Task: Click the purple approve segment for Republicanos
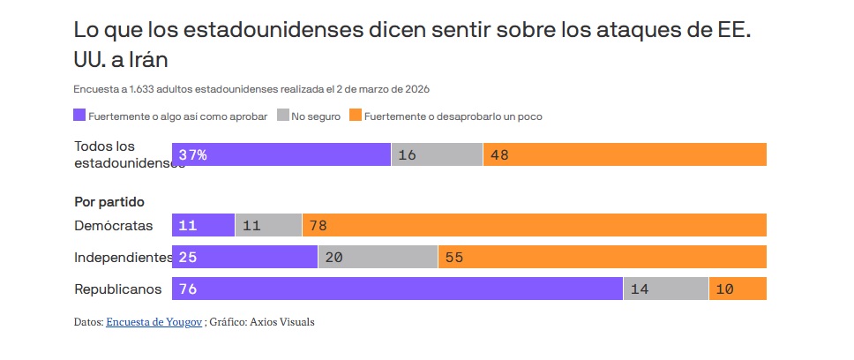[397, 289]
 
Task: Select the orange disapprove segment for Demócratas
[534, 225]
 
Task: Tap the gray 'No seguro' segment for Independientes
[378, 257]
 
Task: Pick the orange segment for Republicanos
[738, 289]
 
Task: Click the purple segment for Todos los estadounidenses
[281, 154]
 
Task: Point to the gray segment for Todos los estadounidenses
[437, 154]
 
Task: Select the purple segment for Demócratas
[203, 225]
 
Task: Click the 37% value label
[192, 154]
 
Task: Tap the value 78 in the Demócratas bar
[318, 225]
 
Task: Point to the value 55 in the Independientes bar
[454, 257]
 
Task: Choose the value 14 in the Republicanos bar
[640, 289]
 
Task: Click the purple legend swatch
[80, 116]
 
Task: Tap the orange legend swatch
[355, 116]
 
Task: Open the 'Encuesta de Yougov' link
[154, 322]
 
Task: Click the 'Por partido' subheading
[109, 202]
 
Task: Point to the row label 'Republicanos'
[118, 289]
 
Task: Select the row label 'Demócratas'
[114, 225]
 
